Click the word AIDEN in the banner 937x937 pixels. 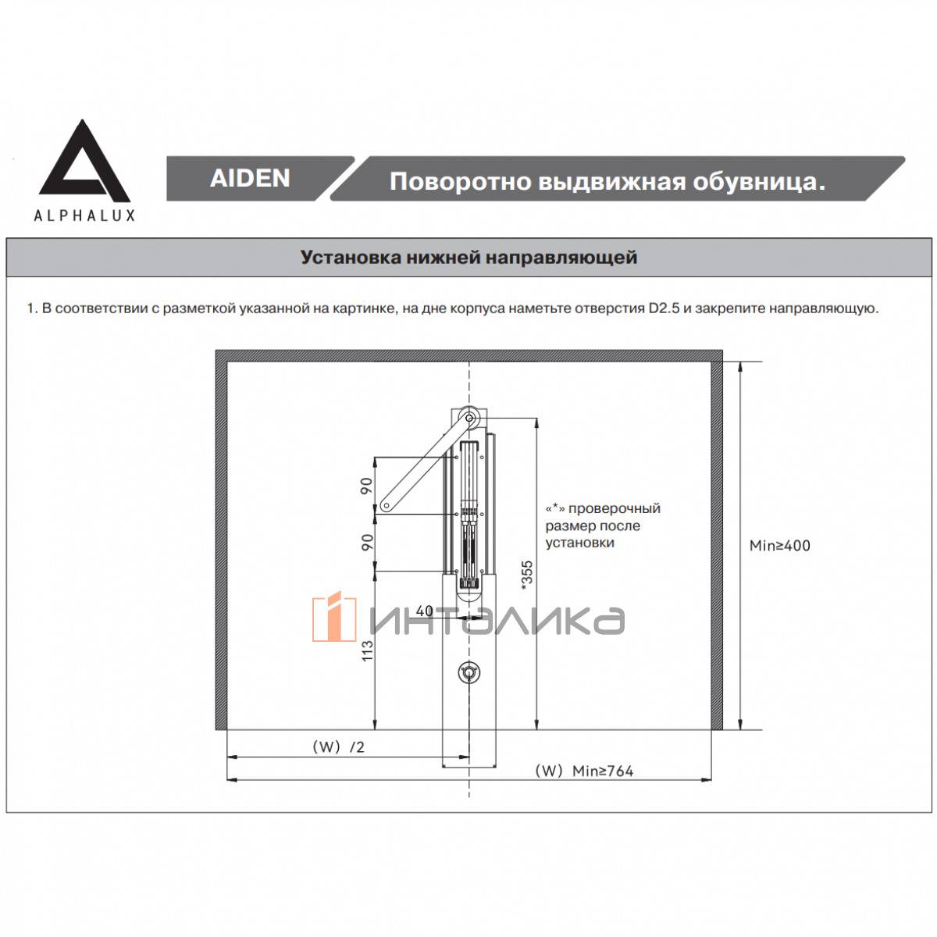pos(250,178)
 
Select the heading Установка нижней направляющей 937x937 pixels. pos(468,257)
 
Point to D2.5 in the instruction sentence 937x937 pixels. pos(664,308)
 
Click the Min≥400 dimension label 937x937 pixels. pos(779,546)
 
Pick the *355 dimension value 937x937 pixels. pos(526,576)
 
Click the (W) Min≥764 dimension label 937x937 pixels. pos(584,771)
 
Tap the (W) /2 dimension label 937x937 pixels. pos(338,747)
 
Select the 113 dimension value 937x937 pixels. pos(368,650)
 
